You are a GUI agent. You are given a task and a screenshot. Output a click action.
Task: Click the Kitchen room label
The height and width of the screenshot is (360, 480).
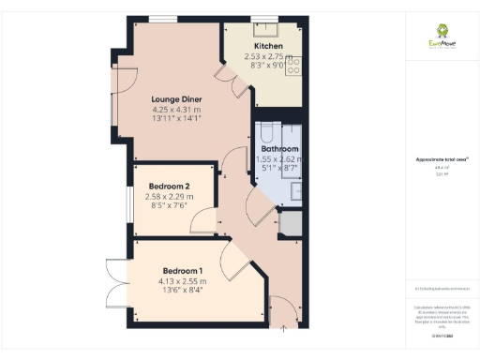pos(269,46)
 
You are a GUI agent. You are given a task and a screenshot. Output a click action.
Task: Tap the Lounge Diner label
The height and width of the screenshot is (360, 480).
pos(177,99)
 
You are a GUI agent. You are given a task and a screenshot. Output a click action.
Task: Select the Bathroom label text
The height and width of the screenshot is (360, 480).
pos(278,149)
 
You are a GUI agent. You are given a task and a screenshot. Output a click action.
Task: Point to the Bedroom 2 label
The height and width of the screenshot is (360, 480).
pos(169,186)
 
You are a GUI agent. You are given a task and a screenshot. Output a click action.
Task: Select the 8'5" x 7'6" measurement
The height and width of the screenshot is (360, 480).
pos(169,206)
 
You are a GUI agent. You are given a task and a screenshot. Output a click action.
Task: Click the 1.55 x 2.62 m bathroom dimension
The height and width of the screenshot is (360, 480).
pos(278,159)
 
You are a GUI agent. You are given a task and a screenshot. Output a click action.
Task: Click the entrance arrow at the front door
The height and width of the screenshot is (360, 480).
pos(285,328)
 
